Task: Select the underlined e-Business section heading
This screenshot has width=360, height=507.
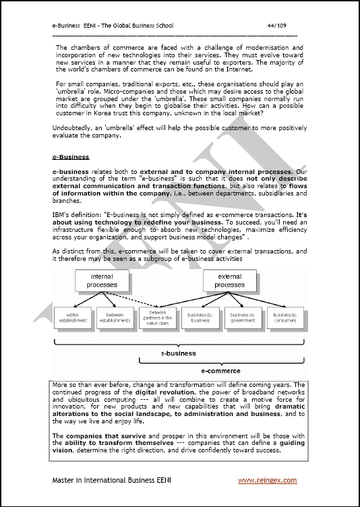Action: coord(70,157)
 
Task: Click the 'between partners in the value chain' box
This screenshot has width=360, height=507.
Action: coord(157,318)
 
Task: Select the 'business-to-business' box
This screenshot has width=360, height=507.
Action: coord(199,317)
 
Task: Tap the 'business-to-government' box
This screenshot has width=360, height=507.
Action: coord(242,317)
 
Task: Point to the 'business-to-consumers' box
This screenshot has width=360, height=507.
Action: coord(284,317)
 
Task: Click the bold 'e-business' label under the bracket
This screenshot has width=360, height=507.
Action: coord(178,353)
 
